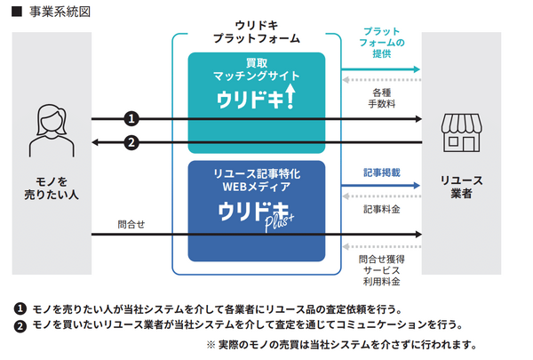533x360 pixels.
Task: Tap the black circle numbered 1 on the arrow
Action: point(131,118)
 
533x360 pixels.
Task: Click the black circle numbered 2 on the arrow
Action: point(131,142)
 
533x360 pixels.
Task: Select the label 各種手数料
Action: point(383,97)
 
